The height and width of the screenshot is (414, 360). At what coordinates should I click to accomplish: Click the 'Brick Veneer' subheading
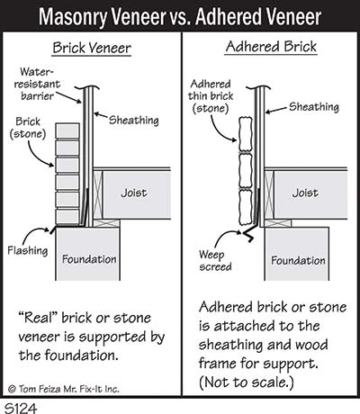point(92,48)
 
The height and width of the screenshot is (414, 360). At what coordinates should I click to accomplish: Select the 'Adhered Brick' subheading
point(271,47)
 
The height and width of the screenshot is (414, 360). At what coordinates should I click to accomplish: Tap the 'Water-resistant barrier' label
point(37,84)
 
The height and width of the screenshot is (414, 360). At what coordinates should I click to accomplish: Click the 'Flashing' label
point(28,250)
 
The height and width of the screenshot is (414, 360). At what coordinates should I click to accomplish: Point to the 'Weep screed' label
point(215,260)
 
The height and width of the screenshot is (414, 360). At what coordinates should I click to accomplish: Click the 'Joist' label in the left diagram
point(134,193)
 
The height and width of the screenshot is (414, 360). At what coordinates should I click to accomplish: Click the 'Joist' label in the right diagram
point(305,193)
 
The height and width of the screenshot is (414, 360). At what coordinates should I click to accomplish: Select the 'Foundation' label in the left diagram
point(89,259)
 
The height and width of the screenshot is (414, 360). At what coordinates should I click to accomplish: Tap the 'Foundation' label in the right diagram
point(298,260)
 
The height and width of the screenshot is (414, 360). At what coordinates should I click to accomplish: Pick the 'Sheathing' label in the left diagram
point(134,121)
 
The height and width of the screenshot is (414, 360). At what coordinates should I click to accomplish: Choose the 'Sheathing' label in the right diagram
point(314,107)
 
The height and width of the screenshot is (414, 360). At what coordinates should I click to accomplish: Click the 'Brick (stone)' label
point(28,128)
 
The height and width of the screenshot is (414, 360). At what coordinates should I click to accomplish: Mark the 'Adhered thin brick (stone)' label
point(211,96)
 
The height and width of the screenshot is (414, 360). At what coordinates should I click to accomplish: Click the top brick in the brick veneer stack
point(67,130)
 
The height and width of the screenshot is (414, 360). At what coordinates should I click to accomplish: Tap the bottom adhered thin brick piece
point(246,208)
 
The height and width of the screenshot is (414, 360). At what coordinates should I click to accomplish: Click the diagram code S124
point(21,408)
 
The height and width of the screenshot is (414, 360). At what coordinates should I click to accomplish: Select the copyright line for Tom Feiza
point(64,389)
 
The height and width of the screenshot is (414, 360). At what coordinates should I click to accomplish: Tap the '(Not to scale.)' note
point(246,382)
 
